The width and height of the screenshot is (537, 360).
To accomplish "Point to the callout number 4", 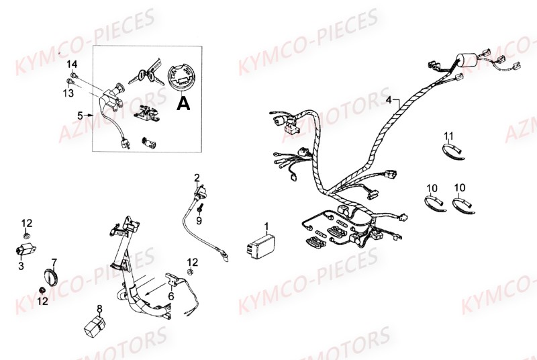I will (x=388, y=100).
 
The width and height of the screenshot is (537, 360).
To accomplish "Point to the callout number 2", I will (x=197, y=177).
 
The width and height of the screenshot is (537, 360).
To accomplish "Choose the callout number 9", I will (x=199, y=220).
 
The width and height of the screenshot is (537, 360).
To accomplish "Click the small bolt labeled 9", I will (x=199, y=209).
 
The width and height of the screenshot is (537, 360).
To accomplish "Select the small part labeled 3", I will (x=25, y=250).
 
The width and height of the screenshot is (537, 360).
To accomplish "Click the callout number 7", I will (x=54, y=261).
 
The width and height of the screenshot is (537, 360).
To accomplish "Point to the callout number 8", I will (x=99, y=308).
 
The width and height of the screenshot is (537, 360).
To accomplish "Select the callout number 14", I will (x=73, y=64).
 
